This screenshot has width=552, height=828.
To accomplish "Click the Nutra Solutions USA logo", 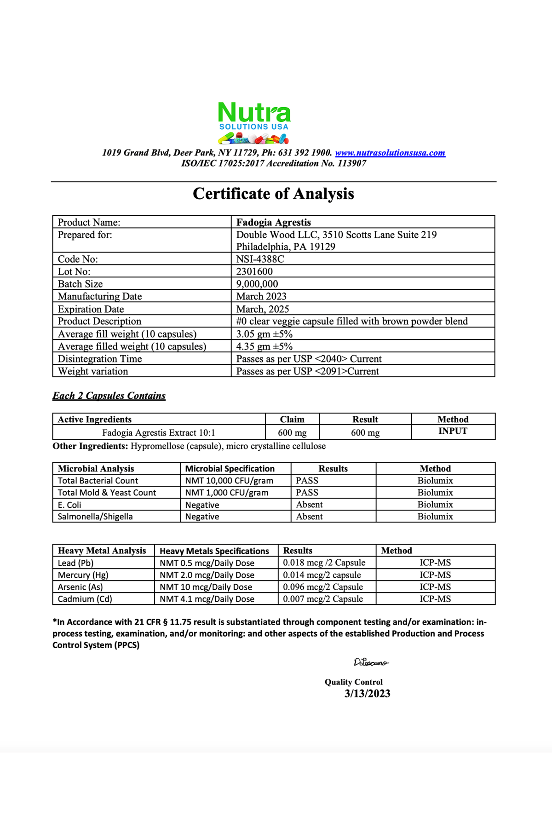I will [254, 122].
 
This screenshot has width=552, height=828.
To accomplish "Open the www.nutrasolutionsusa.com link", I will [390, 153].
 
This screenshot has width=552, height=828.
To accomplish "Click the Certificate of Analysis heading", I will [273, 194].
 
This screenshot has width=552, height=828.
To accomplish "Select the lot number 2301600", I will [254, 271].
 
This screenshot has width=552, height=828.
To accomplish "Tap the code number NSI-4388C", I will [260, 259].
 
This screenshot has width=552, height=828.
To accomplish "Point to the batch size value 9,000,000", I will [257, 284].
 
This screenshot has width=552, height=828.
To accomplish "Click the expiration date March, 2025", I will [263, 309].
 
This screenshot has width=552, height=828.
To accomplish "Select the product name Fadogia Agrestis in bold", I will [274, 222].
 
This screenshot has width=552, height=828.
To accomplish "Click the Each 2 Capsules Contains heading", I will [109, 396].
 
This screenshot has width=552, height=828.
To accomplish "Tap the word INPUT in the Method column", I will [453, 431].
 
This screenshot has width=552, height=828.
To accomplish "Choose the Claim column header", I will [292, 419].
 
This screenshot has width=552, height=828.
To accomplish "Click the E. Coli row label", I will [69, 505].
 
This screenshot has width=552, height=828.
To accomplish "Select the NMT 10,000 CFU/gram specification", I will [229, 481].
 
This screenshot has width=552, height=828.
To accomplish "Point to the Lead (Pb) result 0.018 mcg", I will [324, 563].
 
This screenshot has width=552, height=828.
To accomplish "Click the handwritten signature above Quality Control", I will [371, 662].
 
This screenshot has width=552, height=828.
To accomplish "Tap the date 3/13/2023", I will [367, 694].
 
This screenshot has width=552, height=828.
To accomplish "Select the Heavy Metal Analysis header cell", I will [102, 551].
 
